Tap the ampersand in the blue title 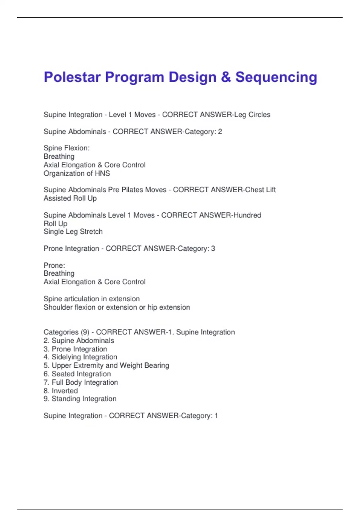226,77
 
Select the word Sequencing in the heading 276,77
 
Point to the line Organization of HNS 77,173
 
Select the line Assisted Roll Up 70,198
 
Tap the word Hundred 247,215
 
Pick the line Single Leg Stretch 73,232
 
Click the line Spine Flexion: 67,148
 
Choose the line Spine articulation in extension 91,299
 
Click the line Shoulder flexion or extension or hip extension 117,307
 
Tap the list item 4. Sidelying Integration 80,357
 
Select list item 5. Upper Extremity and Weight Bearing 106,365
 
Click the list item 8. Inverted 61,391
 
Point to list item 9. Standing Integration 80,399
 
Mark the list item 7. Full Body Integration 81,382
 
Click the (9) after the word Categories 85,332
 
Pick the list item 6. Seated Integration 77,374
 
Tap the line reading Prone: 54,265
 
